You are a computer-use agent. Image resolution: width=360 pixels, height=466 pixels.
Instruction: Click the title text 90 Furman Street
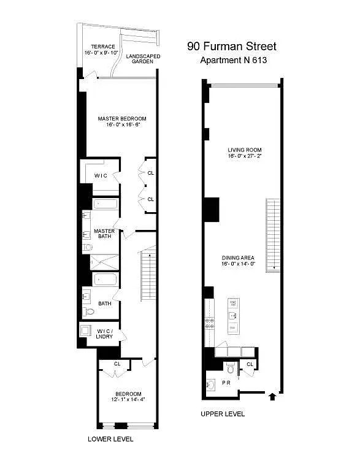(x=231, y=47)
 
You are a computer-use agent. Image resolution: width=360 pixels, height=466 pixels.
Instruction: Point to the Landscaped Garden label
(x=143, y=59)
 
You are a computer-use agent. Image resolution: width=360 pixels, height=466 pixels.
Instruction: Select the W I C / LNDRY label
(x=109, y=334)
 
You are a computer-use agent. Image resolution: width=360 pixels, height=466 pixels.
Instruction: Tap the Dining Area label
(x=241, y=257)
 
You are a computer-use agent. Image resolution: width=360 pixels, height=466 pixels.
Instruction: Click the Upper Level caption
(x=223, y=414)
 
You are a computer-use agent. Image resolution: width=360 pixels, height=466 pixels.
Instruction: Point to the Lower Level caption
(x=110, y=439)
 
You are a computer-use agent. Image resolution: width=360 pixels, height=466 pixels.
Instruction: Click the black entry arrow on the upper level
(x=272, y=397)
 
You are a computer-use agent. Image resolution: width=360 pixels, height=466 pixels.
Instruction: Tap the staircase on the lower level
(x=149, y=276)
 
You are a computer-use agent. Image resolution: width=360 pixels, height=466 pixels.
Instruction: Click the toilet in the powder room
(x=229, y=369)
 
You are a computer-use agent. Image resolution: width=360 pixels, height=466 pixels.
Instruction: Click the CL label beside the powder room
(x=250, y=365)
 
